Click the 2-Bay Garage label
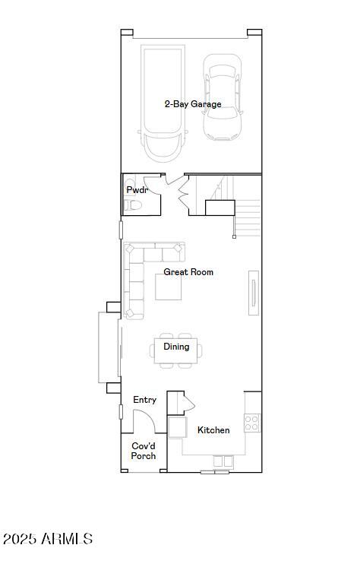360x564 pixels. coord(193,104)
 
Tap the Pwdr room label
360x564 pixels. coord(137,189)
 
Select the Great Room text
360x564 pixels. coord(188,272)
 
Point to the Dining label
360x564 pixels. coord(176,347)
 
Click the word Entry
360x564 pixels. coord(145,400)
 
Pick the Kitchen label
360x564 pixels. coord(213,429)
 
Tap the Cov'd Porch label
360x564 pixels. coord(144,451)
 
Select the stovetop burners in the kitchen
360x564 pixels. coord(252,423)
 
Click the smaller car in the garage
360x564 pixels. coord(222,97)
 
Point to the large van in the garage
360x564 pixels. coord(163,103)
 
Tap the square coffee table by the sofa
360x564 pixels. coord(168,287)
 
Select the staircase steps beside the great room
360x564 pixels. coord(248,218)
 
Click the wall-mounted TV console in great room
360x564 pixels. coord(254,293)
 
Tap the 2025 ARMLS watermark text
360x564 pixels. coord(48,539)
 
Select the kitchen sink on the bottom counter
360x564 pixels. coord(223,461)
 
